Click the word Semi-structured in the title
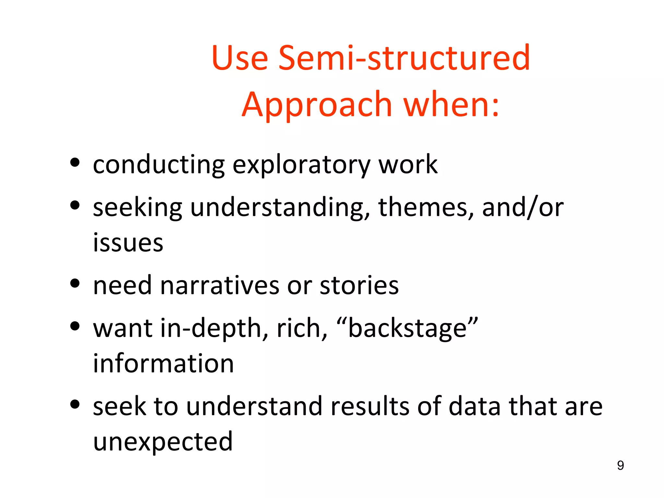(404, 58)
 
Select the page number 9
(620, 465)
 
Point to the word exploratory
(301, 165)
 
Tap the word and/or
(523, 207)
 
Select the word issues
(128, 243)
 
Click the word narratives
(219, 285)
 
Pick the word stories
(359, 285)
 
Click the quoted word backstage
(407, 328)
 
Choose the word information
(163, 363)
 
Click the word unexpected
(163, 442)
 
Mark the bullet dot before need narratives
(75, 283)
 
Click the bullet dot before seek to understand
(75, 404)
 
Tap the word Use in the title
(240, 58)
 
